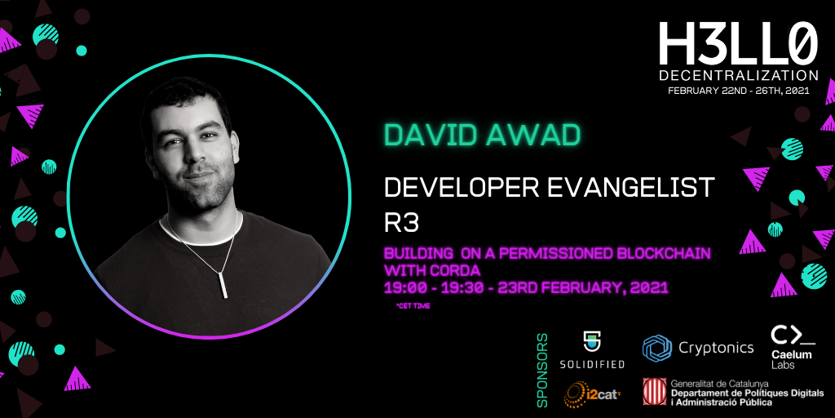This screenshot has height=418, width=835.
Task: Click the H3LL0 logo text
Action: [738, 44]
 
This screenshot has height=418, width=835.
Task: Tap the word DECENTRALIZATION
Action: [739, 75]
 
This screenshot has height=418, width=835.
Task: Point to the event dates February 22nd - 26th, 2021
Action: [739, 91]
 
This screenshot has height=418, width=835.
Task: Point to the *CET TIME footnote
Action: [413, 306]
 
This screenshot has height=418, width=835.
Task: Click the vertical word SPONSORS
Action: [542, 370]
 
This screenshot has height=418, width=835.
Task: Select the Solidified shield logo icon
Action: [591, 342]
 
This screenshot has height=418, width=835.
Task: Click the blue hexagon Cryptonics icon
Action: [657, 348]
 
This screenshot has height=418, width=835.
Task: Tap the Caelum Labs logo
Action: [793, 348]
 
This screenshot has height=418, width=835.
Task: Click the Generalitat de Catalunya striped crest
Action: [654, 391]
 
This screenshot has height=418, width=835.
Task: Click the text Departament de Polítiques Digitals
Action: [747, 393]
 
